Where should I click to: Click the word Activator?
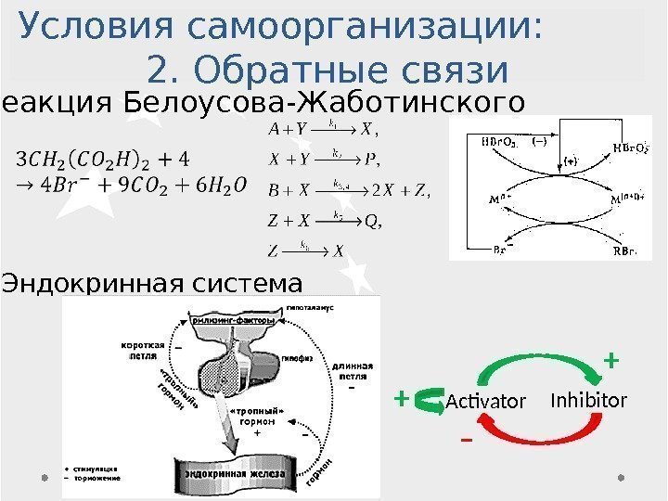(485, 401)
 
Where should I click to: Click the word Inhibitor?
(588, 400)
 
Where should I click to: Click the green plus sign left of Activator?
(401, 398)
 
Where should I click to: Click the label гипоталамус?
(311, 305)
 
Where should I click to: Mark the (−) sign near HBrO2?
(538, 142)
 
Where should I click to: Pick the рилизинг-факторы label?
(234, 320)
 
